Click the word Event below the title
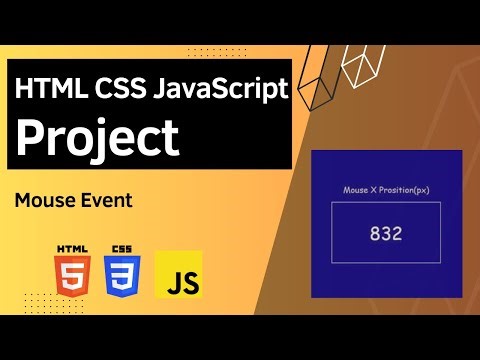(x=104, y=200)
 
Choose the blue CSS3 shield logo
(x=123, y=273)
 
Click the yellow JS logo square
(x=179, y=275)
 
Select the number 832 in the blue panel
(x=385, y=234)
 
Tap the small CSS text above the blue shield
(x=123, y=247)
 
